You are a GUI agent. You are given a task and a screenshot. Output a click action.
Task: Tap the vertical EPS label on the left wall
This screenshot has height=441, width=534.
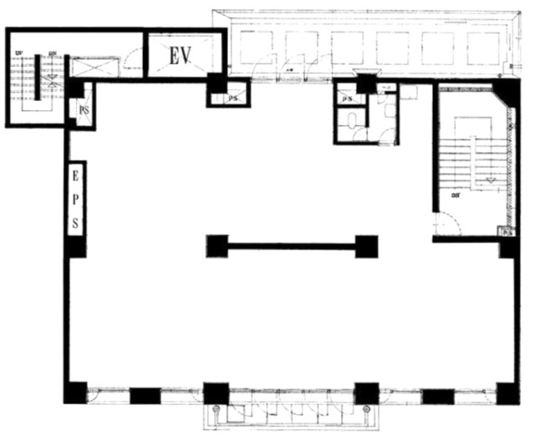click(x=75, y=200)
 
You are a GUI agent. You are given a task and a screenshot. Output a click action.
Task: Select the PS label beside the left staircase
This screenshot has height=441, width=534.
click(x=84, y=109)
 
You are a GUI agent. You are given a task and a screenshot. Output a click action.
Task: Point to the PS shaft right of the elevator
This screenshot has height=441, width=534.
click(x=234, y=98)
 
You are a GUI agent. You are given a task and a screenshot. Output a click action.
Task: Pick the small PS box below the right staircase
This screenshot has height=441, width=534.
click(x=505, y=232)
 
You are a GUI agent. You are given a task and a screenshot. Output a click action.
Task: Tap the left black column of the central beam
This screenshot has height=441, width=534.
click(x=217, y=246)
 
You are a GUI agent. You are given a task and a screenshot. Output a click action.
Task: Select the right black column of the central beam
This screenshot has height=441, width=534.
click(x=366, y=246)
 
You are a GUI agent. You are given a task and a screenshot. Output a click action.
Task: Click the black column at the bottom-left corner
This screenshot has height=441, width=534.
click(x=75, y=393)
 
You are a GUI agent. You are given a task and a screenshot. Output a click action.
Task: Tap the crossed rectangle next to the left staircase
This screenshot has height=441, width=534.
click(x=86, y=67)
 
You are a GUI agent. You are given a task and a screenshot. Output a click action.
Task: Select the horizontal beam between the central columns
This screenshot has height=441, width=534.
click(x=292, y=246)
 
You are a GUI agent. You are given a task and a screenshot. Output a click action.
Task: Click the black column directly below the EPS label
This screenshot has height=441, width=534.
click(x=76, y=247)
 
